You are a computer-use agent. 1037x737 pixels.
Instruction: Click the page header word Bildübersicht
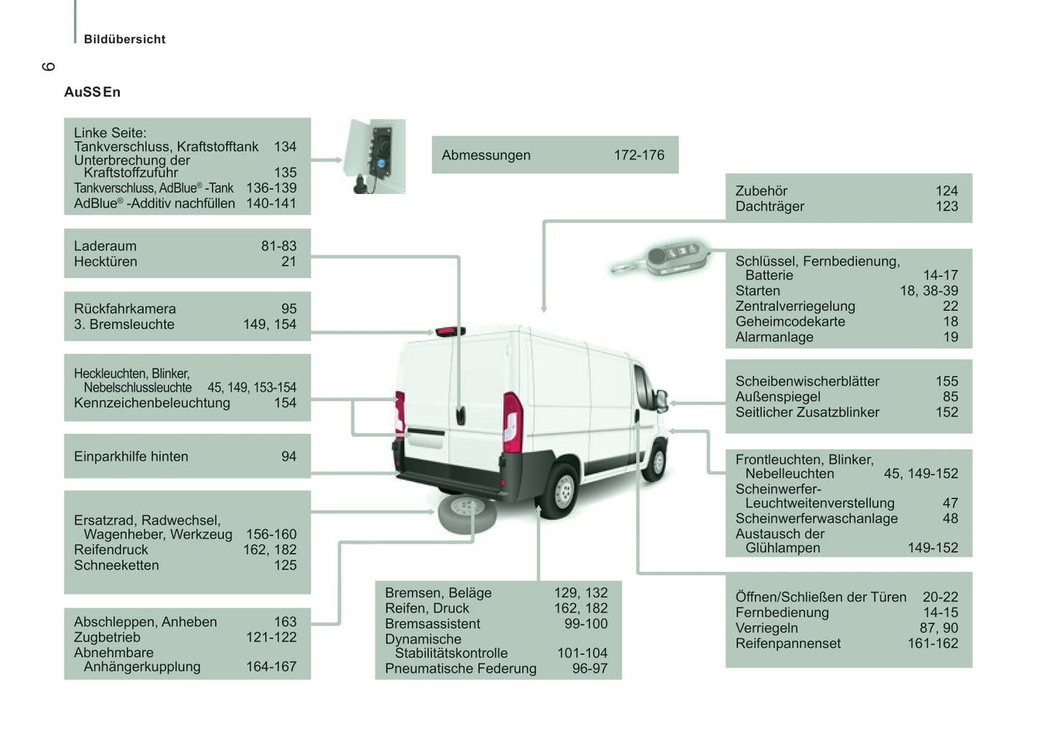pos(124,40)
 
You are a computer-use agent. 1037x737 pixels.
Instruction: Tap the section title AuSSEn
pos(92,92)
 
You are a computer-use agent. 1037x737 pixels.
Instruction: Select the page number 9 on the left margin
pos(48,67)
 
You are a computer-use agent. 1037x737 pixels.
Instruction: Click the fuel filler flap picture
pos(375,157)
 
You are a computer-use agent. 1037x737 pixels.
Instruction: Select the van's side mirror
pos(661,399)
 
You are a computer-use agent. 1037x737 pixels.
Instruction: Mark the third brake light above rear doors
pos(450,331)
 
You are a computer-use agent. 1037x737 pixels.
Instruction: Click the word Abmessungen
pos(486,155)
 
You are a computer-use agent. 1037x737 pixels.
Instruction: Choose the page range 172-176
pos(639,155)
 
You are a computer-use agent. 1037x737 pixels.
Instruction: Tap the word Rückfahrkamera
pos(125,309)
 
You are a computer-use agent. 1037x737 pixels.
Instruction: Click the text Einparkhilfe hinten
pos(131,456)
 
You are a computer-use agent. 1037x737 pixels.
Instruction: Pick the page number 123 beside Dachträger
pos(947,206)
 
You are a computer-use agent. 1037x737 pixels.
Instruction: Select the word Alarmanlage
pos(774,337)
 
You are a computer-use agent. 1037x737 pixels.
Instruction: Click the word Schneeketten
pos(116,565)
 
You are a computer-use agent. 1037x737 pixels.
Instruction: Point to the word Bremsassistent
pos(432,624)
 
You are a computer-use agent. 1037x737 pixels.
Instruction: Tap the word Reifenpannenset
pos(788,644)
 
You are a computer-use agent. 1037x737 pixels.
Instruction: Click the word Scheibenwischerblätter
pos(807,381)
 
